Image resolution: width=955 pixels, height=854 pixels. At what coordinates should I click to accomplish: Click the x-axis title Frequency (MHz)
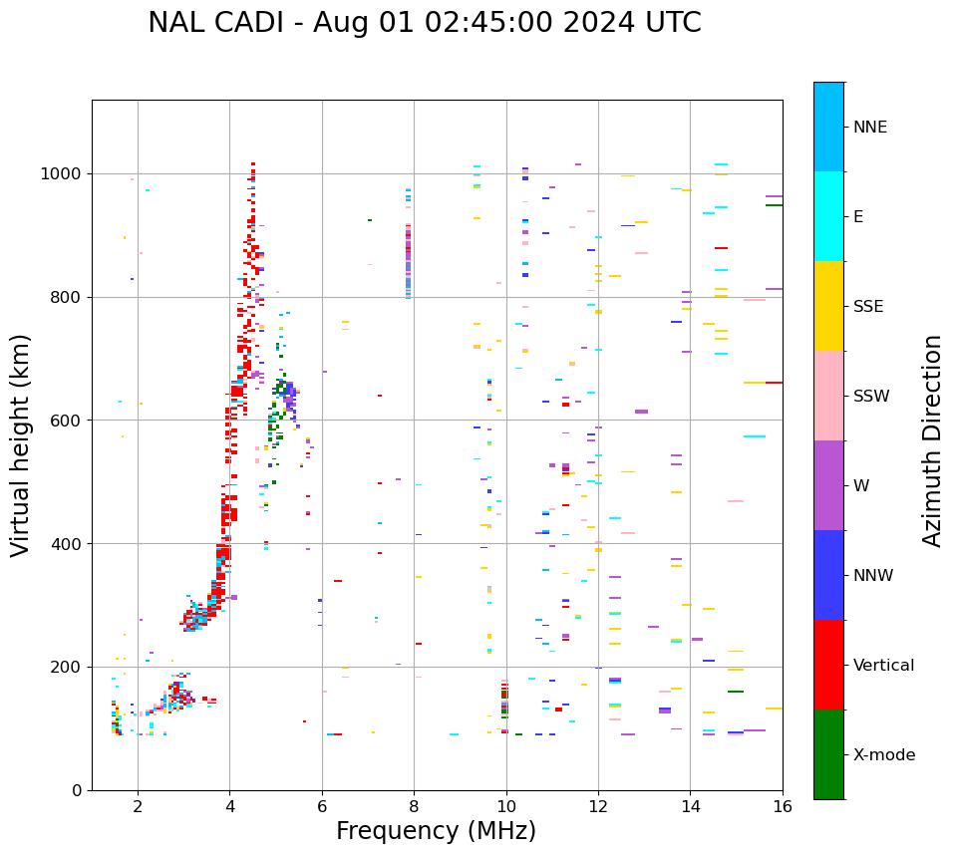click(x=436, y=831)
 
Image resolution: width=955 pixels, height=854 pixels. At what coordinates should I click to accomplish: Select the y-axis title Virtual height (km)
click(x=21, y=444)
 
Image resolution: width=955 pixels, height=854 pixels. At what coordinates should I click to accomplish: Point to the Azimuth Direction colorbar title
click(x=932, y=440)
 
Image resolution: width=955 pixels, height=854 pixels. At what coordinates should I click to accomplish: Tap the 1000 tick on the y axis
click(x=65, y=173)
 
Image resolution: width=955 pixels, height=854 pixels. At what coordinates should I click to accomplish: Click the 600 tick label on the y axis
click(x=69, y=421)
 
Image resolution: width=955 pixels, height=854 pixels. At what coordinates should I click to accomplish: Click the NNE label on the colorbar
click(x=869, y=128)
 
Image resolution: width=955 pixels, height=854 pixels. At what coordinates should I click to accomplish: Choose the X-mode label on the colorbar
click(x=883, y=755)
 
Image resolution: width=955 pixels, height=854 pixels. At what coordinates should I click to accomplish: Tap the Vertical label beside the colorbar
click(x=883, y=666)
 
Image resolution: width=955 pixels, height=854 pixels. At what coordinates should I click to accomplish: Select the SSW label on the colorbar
click(x=871, y=397)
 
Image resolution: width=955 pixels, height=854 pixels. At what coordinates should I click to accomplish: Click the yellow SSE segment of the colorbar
click(x=828, y=306)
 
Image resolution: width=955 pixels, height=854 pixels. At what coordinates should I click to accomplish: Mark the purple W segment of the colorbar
click(x=828, y=485)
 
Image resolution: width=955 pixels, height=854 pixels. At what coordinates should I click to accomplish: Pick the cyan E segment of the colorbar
click(x=828, y=216)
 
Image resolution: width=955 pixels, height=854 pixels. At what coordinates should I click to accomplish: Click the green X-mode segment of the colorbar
click(x=828, y=754)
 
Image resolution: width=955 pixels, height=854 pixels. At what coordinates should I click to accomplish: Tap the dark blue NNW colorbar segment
click(x=828, y=575)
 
